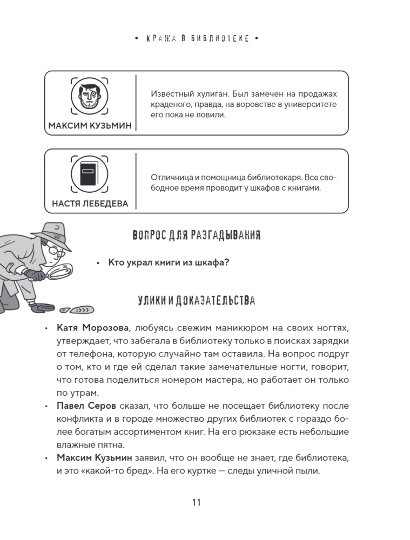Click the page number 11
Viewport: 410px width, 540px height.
coord(196,502)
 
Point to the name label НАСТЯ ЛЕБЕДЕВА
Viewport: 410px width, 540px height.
coord(90,204)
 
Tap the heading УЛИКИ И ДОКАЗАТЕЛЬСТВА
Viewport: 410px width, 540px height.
coord(196,301)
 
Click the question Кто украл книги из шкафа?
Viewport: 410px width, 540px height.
coord(169,262)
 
